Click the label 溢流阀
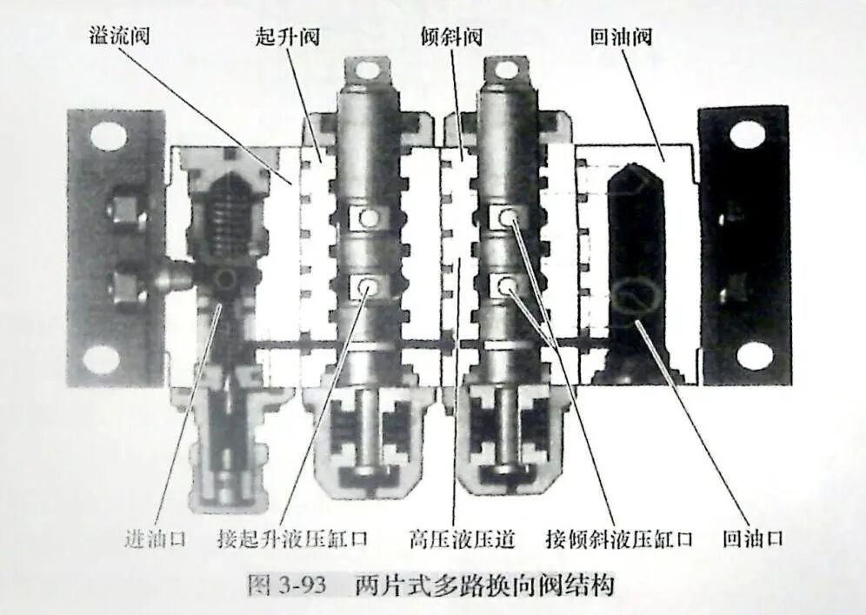[x=119, y=36]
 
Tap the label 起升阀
[x=287, y=37]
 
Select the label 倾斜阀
[x=451, y=37]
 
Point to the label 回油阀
[x=621, y=37]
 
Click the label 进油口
[x=155, y=538]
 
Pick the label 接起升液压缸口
[x=293, y=538]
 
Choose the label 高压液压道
[x=462, y=538]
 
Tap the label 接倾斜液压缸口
[x=619, y=538]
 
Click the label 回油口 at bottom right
[x=753, y=538]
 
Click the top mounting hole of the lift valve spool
[x=366, y=70]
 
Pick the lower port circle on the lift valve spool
[x=367, y=287]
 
